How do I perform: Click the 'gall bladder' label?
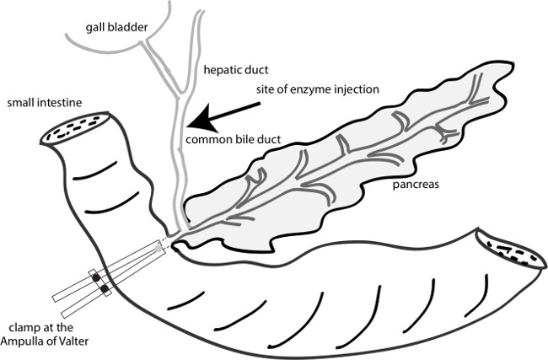pyautogui.click(x=116, y=28)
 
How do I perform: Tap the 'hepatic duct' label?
pyautogui.click(x=229, y=70)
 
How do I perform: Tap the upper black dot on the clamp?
pyautogui.click(x=95, y=277)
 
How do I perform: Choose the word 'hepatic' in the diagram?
pyautogui.click(x=218, y=70)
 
